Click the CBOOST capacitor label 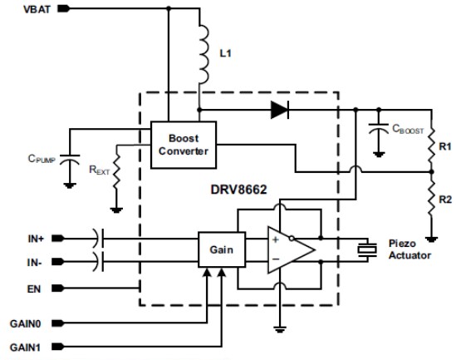pyautogui.click(x=407, y=130)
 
